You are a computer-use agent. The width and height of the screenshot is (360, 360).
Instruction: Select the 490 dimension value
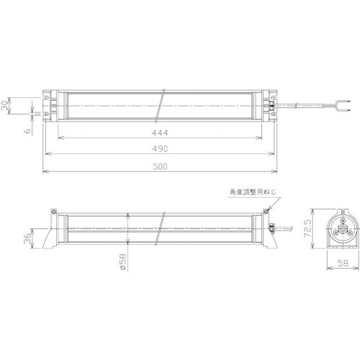(x=160, y=148)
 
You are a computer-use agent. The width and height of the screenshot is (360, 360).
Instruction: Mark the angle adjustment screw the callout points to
(x=267, y=211)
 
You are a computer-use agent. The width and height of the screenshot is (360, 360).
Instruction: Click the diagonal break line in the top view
(x=165, y=105)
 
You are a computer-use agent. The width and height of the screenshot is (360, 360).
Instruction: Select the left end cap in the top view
(x=53, y=105)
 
